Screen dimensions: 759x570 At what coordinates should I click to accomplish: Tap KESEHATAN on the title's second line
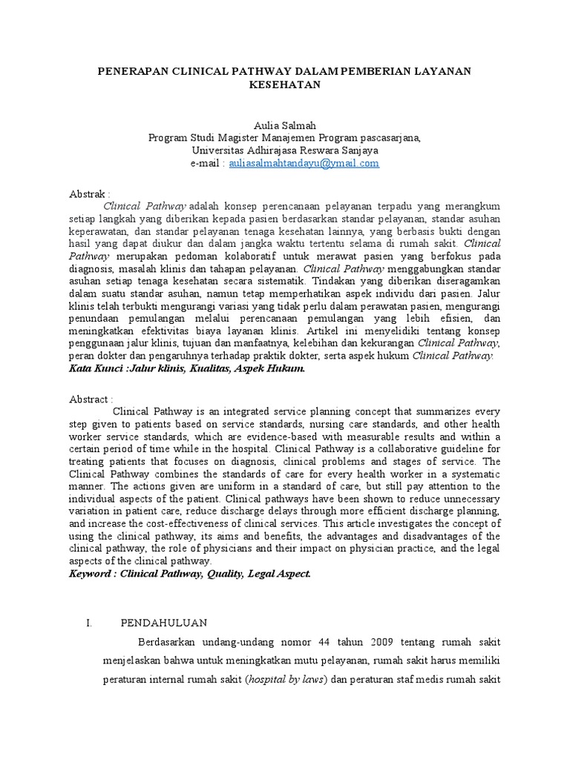[x=284, y=84]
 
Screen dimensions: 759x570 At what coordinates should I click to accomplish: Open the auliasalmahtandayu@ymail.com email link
[x=304, y=162]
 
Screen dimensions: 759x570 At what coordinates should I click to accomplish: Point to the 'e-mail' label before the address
[x=206, y=162]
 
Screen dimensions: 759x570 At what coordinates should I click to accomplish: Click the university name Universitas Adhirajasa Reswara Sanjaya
[x=285, y=150]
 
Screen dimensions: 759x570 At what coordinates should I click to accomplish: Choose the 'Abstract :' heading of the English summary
[x=91, y=399]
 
